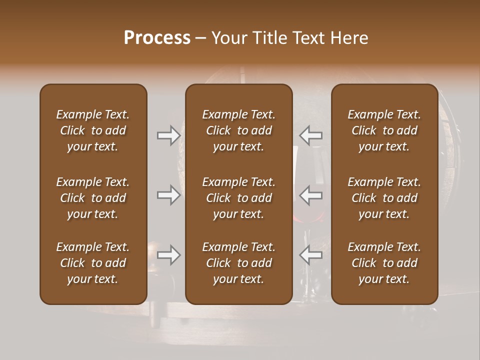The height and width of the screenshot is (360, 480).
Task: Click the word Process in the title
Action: (x=157, y=38)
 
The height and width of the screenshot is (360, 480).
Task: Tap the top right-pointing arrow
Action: (x=168, y=135)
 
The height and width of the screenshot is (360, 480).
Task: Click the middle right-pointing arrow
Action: (x=168, y=195)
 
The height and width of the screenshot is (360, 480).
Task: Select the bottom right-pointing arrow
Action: (x=168, y=255)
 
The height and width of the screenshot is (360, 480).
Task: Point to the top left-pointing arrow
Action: (x=311, y=135)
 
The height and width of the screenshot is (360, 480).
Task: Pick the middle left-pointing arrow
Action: (x=311, y=195)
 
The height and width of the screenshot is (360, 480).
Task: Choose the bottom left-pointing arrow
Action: (x=311, y=255)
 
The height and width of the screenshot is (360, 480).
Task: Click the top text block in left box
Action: (x=93, y=130)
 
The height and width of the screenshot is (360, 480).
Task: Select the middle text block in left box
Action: (x=93, y=198)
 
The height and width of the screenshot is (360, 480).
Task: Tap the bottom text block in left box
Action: (x=93, y=263)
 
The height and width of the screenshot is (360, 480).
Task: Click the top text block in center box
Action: (x=238, y=130)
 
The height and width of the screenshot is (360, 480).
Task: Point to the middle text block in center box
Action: (x=238, y=198)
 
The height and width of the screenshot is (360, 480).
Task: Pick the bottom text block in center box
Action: (x=238, y=263)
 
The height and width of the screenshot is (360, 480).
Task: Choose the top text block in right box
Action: (x=384, y=130)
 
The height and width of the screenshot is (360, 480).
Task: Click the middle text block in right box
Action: (x=384, y=198)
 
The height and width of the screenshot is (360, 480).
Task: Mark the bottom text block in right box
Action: (x=384, y=263)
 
